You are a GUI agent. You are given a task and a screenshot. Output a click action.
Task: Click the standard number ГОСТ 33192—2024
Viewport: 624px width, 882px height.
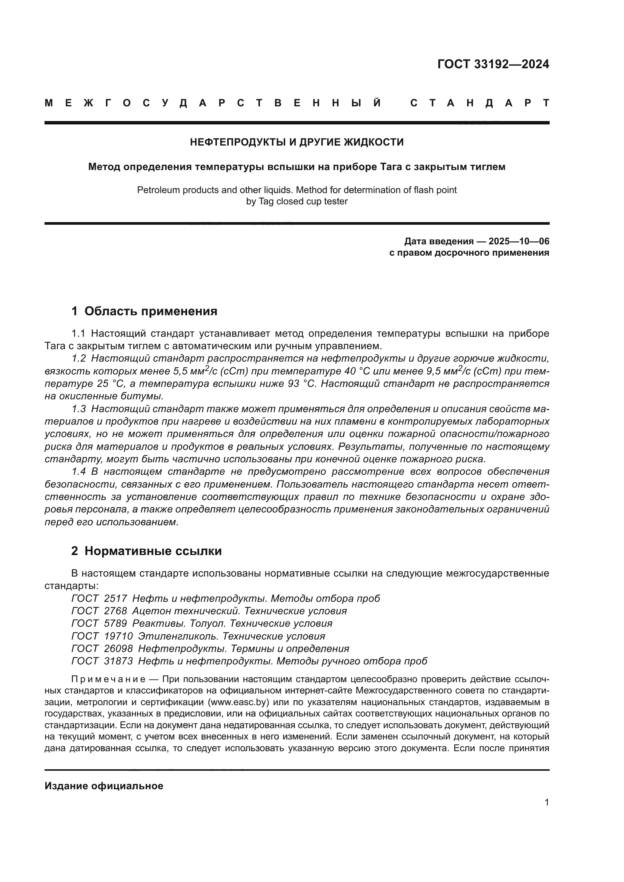coord(493,64)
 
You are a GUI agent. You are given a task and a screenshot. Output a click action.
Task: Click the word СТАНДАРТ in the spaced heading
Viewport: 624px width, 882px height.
coord(480,103)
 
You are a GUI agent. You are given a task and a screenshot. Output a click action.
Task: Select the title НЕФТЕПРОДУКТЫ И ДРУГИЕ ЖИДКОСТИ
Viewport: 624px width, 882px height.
coord(297,142)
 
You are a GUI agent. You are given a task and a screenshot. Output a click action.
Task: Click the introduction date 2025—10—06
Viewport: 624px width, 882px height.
coord(519,241)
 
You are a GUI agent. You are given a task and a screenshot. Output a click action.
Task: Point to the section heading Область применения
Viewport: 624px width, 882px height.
coord(151,311)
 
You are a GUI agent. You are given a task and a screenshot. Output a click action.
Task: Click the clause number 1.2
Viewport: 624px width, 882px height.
coord(79,358)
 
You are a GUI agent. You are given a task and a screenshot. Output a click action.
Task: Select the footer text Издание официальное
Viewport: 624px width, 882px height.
coord(104,785)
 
